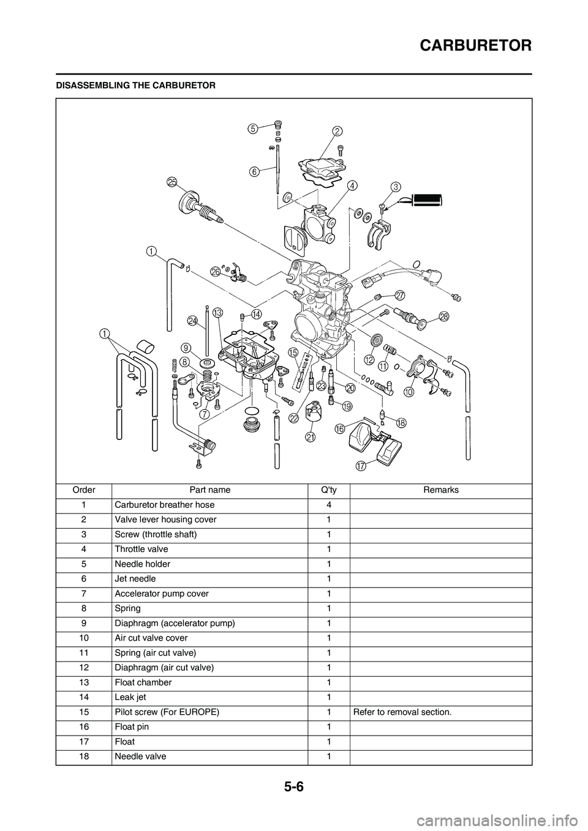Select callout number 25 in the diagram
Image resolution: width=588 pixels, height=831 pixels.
coord(171,182)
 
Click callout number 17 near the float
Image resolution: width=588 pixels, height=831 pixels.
coord(361,466)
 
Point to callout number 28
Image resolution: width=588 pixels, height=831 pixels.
coord(444,316)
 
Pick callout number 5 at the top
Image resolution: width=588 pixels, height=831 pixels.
coord(252,129)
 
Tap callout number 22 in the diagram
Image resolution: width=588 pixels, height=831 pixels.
coord(295,418)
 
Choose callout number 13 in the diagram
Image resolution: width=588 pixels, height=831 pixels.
coord(217,313)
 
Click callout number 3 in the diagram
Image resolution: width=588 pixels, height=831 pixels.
coord(396,186)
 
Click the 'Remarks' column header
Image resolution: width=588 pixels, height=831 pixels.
coord(440,490)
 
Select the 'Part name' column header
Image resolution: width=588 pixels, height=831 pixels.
coord(210,490)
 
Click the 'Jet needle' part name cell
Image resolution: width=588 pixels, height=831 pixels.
coord(135,579)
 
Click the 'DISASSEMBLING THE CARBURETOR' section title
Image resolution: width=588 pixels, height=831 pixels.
coord(135,86)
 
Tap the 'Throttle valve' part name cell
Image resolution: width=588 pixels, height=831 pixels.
coord(141,549)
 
